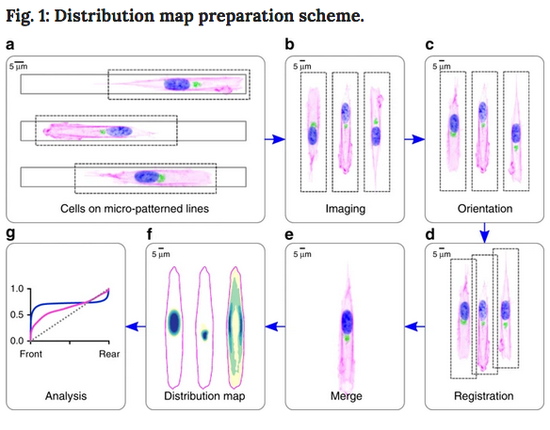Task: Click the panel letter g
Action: click(x=10, y=232)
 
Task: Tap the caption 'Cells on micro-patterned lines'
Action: click(x=135, y=209)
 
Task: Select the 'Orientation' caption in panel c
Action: click(x=485, y=209)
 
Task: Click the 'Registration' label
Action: click(x=484, y=396)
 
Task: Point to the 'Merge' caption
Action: click(x=346, y=396)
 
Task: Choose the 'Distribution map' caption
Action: click(x=204, y=396)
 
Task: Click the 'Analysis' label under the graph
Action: click(x=66, y=396)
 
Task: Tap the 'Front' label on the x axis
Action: click(x=31, y=354)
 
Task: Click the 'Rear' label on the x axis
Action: click(x=109, y=354)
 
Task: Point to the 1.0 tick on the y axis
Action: click(x=17, y=289)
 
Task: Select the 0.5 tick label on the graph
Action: click(x=17, y=314)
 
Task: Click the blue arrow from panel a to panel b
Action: click(x=275, y=139)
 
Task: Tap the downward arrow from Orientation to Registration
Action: click(x=484, y=232)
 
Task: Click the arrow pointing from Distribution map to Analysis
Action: click(x=136, y=326)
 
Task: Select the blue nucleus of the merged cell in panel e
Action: click(x=348, y=322)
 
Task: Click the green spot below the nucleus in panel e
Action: click(x=348, y=339)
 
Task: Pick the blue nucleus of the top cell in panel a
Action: click(x=177, y=85)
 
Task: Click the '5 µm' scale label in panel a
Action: click(x=18, y=66)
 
